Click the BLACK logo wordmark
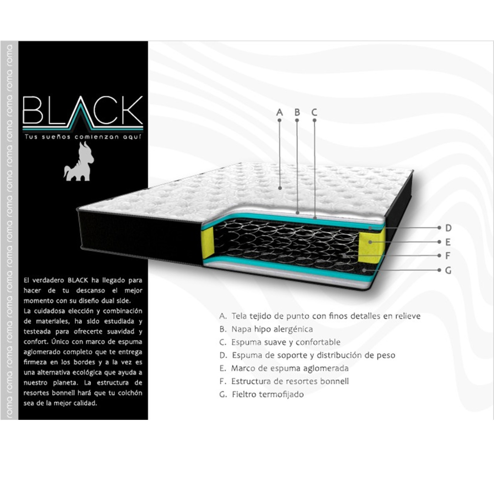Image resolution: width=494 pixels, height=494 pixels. [x=83, y=112]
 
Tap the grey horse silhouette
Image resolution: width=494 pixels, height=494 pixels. [x=79, y=161]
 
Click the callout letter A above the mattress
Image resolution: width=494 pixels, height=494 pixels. [x=279, y=112]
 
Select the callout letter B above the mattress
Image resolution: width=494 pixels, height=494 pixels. [x=297, y=112]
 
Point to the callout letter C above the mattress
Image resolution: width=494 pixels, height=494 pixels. [x=314, y=112]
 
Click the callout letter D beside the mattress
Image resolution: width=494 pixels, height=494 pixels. [x=448, y=228]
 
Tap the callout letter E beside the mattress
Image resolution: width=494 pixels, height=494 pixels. [x=448, y=242]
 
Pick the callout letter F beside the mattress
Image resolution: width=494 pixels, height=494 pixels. [x=447, y=256]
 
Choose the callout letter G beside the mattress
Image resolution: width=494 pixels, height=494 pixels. [x=448, y=270]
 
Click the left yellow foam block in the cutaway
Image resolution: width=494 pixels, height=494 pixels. [x=208, y=244]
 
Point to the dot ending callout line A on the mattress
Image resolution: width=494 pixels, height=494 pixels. [x=280, y=188]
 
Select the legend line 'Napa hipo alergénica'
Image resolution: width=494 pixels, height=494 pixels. [x=266, y=329]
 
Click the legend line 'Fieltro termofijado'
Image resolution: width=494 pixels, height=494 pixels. [x=262, y=394]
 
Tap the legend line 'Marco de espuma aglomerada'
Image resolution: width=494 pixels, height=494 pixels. [x=284, y=368]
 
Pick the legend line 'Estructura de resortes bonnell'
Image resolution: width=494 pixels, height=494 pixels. [x=284, y=381]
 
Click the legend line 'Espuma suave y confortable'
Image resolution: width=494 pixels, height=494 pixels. [x=280, y=342]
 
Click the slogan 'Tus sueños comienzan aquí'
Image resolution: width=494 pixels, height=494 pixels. [x=83, y=137]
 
